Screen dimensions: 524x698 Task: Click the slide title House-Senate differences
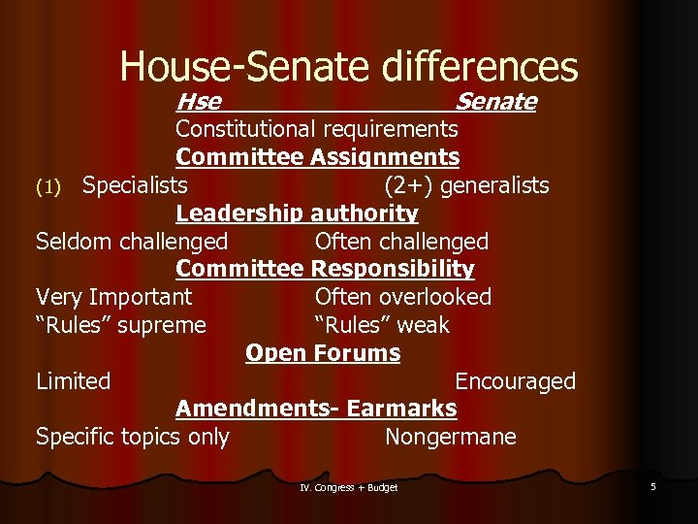coord(349,66)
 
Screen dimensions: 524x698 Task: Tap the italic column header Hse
coord(198,102)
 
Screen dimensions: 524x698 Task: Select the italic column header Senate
coord(495,102)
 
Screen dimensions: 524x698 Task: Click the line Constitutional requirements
coord(316,129)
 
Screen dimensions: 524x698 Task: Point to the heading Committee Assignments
coord(317,157)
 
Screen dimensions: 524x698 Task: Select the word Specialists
coord(135,185)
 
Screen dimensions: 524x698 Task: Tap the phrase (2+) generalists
coord(466,185)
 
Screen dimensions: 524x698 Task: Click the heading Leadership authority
coord(297,213)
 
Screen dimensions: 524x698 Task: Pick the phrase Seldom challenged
coord(132,242)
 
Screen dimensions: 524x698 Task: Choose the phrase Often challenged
coord(401,242)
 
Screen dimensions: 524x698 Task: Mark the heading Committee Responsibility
coord(325,269)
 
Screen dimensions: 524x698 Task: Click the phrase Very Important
coord(113,297)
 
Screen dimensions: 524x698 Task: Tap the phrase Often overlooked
coord(403,297)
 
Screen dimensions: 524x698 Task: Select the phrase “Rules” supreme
coord(121,325)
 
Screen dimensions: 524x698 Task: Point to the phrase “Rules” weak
coord(382,325)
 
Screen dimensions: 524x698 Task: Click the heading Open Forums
coord(323,353)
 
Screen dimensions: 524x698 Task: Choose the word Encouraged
coord(515,381)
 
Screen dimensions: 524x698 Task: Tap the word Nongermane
coord(450,438)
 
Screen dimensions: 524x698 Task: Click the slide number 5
coord(653,486)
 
